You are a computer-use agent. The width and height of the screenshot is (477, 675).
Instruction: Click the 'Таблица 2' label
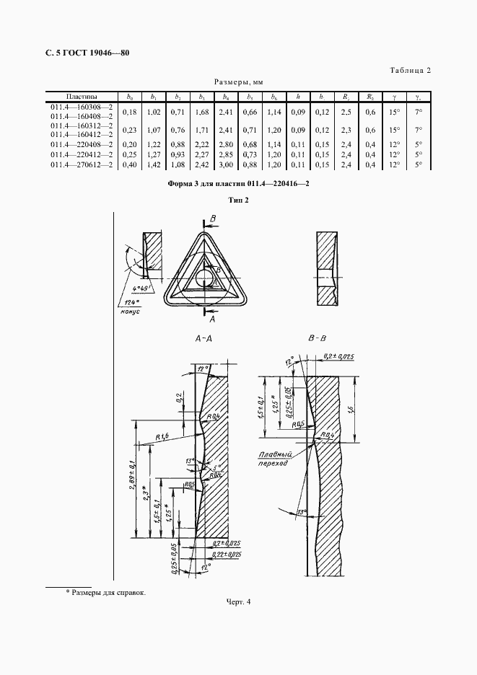point(410,70)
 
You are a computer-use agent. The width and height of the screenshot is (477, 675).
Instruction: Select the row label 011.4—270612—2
point(82,165)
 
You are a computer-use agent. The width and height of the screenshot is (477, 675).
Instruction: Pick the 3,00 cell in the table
point(226,165)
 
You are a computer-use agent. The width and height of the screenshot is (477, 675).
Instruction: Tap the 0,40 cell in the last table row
point(130,165)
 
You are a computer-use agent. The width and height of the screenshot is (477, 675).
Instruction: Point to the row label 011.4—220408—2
point(82,145)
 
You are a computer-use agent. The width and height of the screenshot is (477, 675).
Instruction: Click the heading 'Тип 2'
point(238,200)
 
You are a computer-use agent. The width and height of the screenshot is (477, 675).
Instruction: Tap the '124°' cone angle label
point(130,302)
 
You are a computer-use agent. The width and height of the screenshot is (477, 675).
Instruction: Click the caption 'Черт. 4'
point(238,601)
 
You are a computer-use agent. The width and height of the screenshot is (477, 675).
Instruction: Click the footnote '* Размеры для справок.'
point(105,592)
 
